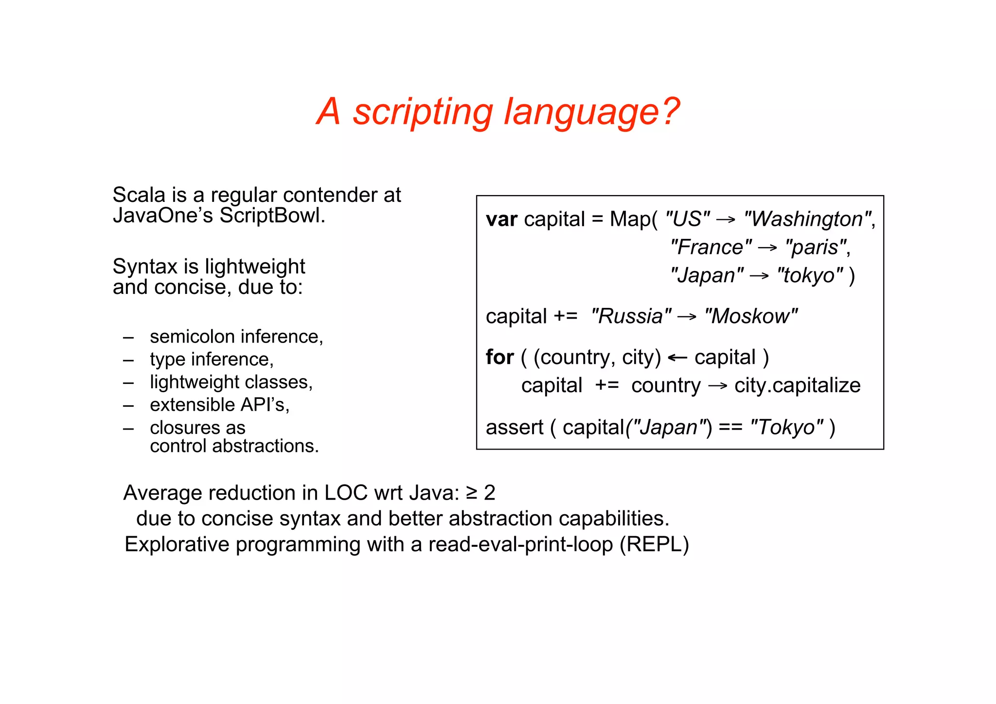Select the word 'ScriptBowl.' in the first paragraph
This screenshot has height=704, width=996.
pos(272,216)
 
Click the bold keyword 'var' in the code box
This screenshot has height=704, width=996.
pos(501,219)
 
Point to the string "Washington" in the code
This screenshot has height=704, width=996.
pos(807,219)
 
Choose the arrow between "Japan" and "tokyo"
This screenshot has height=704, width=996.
pos(759,276)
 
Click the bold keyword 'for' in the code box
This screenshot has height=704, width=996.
pos(499,358)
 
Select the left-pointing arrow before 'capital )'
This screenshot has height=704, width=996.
pos(677,358)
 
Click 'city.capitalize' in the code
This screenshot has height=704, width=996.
pos(797,385)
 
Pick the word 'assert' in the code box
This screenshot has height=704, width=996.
pos(515,428)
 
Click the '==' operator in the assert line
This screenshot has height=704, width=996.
pos(730,428)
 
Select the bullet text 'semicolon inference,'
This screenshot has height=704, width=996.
pos(236,337)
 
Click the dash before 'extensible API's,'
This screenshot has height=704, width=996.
pos(128,405)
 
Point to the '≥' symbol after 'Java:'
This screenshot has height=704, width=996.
pos(471,493)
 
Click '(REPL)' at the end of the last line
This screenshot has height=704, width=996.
pos(654,544)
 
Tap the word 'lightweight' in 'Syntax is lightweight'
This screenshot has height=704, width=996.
pos(255,267)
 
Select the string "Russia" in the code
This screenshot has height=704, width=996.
pos(631,316)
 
